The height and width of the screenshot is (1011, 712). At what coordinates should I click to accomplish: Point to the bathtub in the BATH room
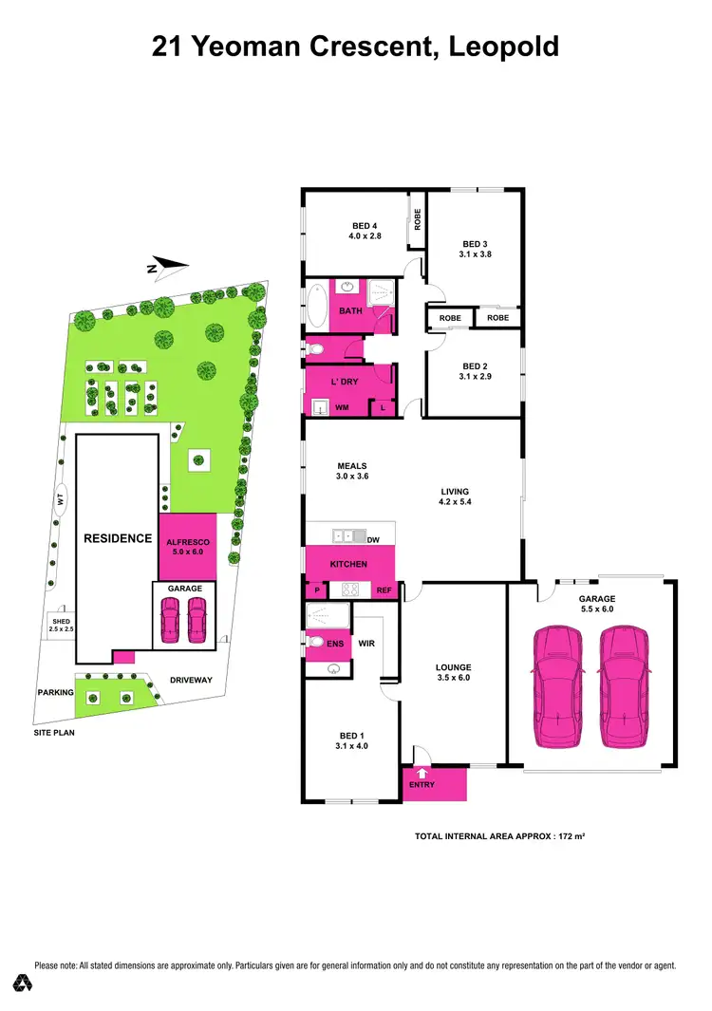click(x=315, y=309)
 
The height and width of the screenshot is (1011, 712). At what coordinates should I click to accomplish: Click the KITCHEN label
click(x=347, y=564)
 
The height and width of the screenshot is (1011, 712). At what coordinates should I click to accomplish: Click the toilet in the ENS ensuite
click(x=316, y=643)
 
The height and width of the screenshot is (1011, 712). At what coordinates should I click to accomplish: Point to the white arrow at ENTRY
click(x=422, y=774)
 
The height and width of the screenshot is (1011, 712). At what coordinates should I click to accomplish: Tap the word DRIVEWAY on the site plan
click(x=190, y=680)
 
